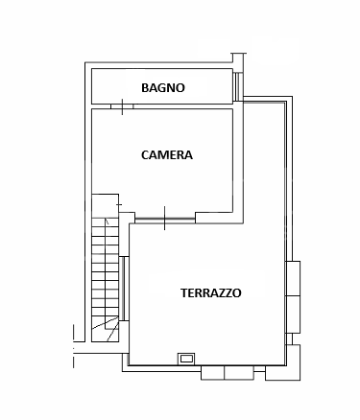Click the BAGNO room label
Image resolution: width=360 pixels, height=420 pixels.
[x=162, y=87]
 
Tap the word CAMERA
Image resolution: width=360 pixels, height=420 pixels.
[x=166, y=154]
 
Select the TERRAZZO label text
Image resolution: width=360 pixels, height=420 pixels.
[x=210, y=292]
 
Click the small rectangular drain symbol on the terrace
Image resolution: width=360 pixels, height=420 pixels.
[x=186, y=359]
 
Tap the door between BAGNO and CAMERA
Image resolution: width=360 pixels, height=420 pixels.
[x=123, y=106]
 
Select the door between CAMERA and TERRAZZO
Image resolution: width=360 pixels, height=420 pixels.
[x=164, y=219]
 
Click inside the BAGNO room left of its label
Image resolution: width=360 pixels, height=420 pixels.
[x=115, y=87]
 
